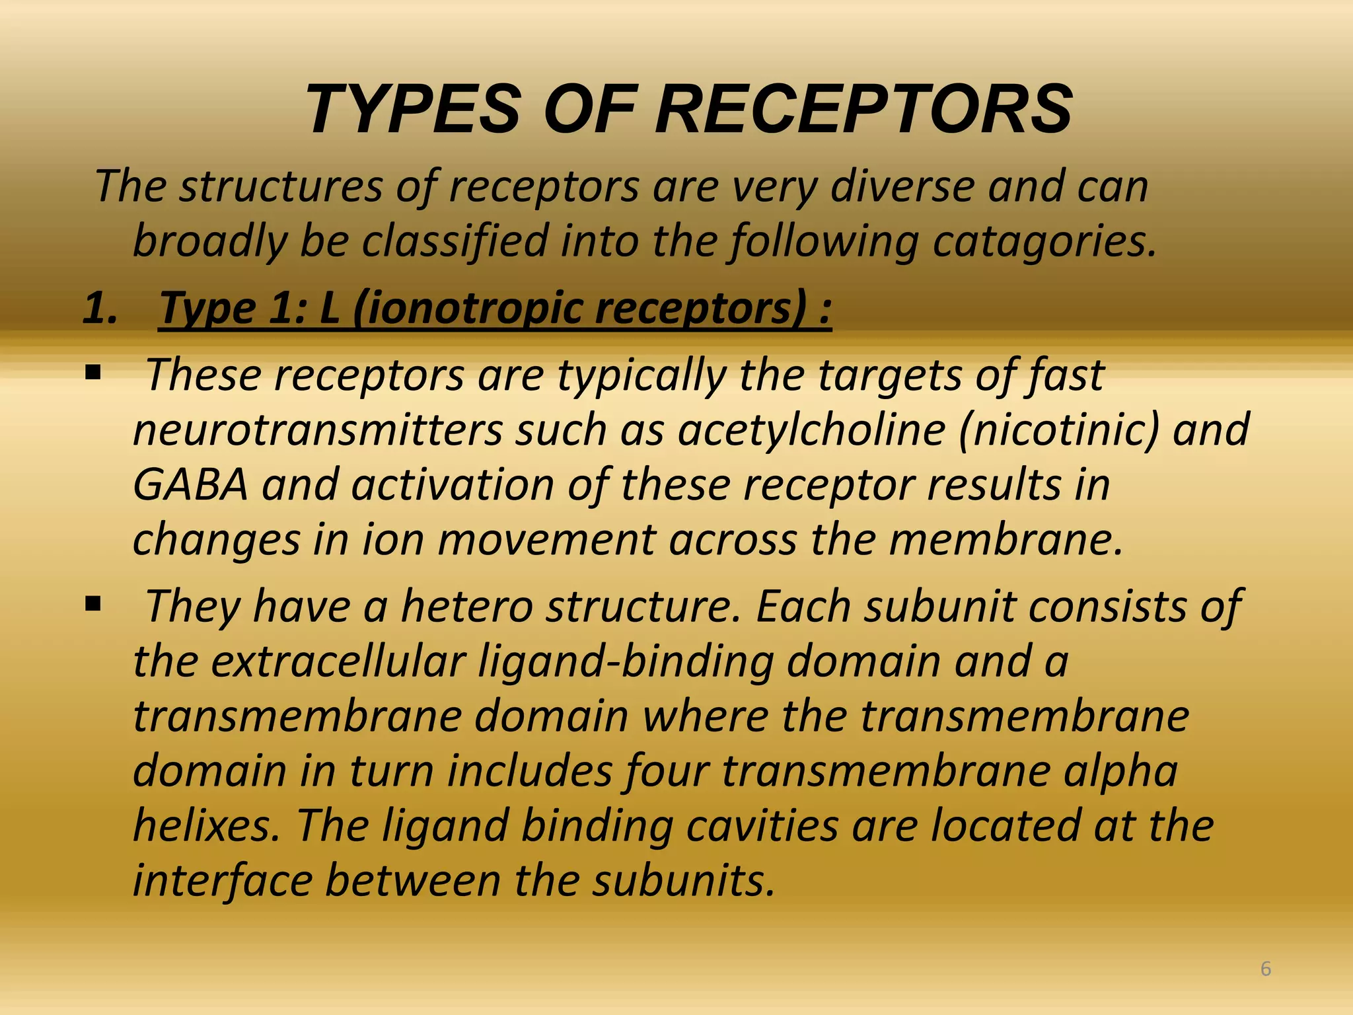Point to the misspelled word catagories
[1044, 241]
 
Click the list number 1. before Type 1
[100, 309]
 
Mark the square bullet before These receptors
[92, 373]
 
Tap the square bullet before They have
[92, 603]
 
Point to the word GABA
[190, 485]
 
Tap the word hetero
[466, 606]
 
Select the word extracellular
[338, 661]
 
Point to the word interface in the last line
[223, 881]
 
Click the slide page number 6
[1266, 969]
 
